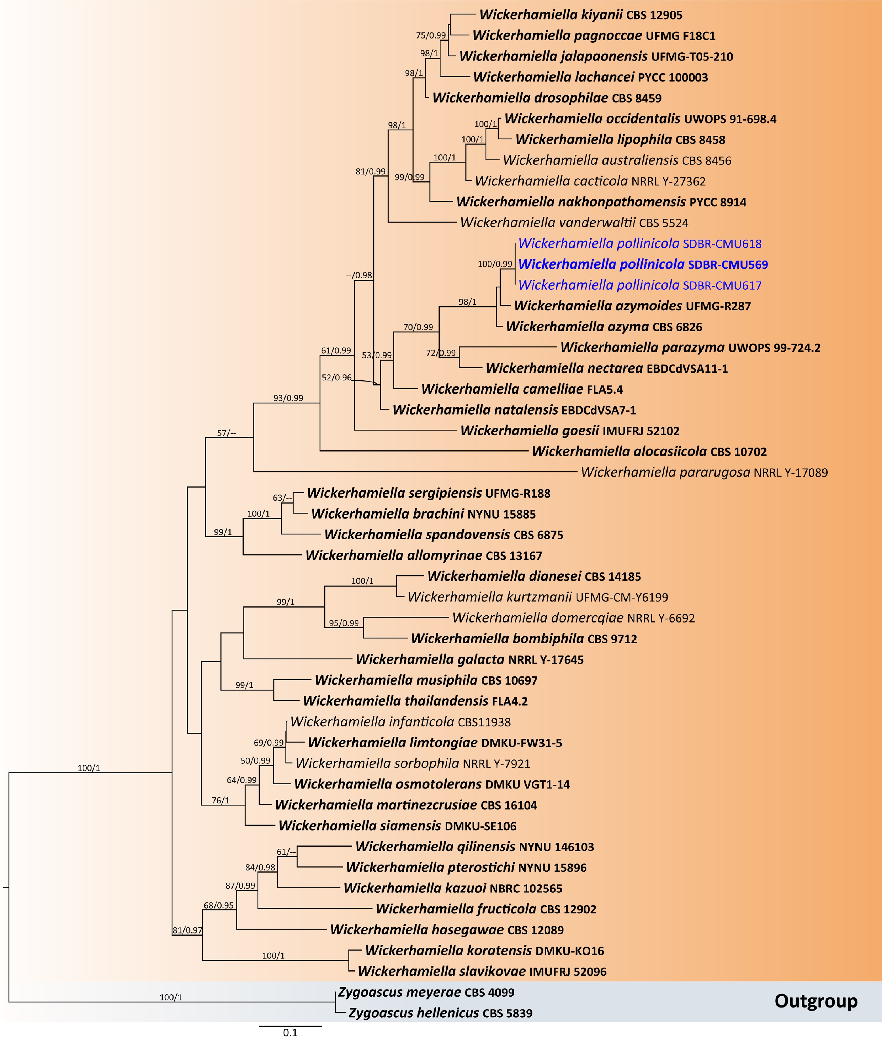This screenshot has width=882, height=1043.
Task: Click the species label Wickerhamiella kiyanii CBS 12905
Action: pos(581,15)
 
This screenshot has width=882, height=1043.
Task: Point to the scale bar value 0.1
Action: pos(290,1032)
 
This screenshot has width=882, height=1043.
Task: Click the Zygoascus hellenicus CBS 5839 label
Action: pos(440,1013)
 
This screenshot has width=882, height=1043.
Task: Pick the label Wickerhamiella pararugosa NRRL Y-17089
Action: pos(704,472)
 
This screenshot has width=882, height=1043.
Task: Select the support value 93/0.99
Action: pos(288,398)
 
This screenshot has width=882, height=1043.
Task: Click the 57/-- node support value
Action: pos(227,433)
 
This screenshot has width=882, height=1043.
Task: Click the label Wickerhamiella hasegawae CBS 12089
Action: pos(447,930)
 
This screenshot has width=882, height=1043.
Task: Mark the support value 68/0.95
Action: pos(218,905)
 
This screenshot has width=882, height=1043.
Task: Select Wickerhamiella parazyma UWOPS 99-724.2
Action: pos(690,348)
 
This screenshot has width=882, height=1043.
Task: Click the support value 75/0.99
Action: pos(430,35)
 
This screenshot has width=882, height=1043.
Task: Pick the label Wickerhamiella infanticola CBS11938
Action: pos(400,722)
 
